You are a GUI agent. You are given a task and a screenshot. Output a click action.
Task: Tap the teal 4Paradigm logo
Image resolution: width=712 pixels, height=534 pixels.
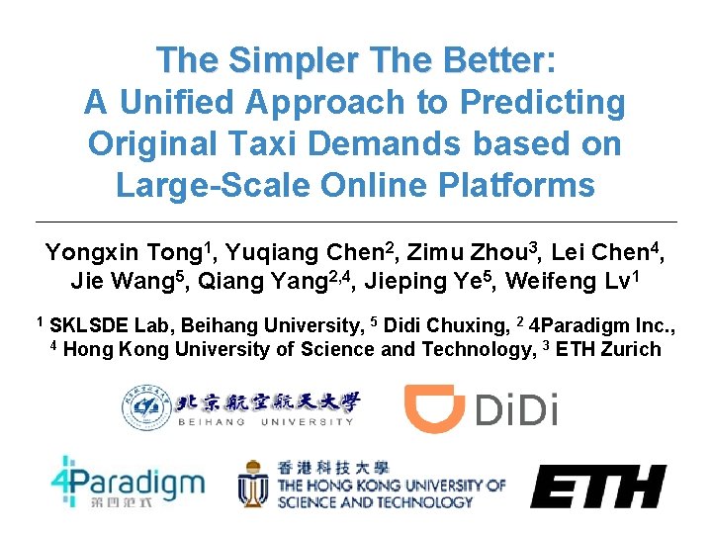tap(128, 486)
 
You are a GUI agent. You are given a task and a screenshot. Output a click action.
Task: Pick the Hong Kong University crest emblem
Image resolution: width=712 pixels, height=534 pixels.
tap(253, 485)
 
